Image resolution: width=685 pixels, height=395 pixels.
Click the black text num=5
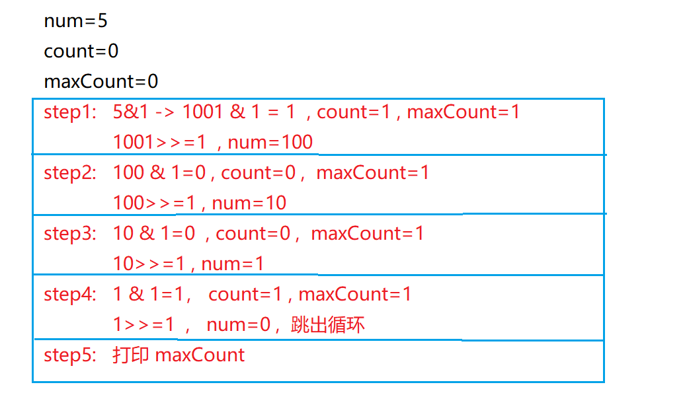pos(75,21)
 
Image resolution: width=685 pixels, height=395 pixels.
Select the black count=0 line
pos(81,52)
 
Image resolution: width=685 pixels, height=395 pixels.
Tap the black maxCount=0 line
pos(101,82)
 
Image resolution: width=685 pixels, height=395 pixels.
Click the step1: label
pos(69,112)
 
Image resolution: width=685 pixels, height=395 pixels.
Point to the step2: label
pos(69,173)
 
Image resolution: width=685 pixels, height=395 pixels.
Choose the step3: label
pos(69,234)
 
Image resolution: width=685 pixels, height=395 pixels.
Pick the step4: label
pos(69,295)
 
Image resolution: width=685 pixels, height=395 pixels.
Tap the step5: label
pos(69,355)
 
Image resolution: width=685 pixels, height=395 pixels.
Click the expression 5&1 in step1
pos(131,112)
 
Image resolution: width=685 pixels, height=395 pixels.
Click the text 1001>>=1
pos(159,143)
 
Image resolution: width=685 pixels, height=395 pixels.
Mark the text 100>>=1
pos(154,203)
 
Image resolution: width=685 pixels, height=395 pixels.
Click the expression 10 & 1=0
pos(153,234)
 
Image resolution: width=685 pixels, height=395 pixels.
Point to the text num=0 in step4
pos(237,325)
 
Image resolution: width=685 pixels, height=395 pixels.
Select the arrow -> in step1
pos(165,112)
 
